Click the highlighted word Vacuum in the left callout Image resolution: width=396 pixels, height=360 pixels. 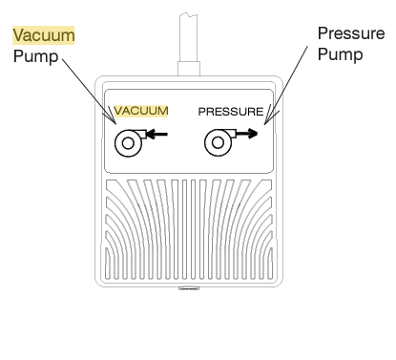click(44, 35)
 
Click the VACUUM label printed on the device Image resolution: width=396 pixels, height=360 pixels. click(141, 111)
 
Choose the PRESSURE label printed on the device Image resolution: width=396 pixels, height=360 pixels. click(230, 111)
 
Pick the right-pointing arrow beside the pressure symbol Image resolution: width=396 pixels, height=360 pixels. click(248, 135)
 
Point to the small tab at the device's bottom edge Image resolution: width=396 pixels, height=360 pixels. click(188, 284)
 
